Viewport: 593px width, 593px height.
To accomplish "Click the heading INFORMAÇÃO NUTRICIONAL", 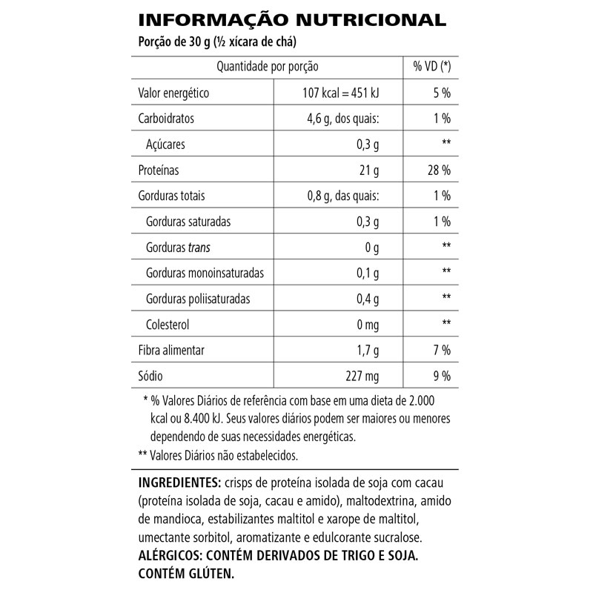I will pos(292,19).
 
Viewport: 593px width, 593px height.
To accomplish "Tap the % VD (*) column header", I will pos(431,67).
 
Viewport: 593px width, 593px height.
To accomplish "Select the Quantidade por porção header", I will pos(267,67).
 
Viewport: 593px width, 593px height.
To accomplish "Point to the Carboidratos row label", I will pos(168,119).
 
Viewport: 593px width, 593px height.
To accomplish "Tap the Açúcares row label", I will pos(166,144).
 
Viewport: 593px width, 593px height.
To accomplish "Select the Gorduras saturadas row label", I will pos(189,222).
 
